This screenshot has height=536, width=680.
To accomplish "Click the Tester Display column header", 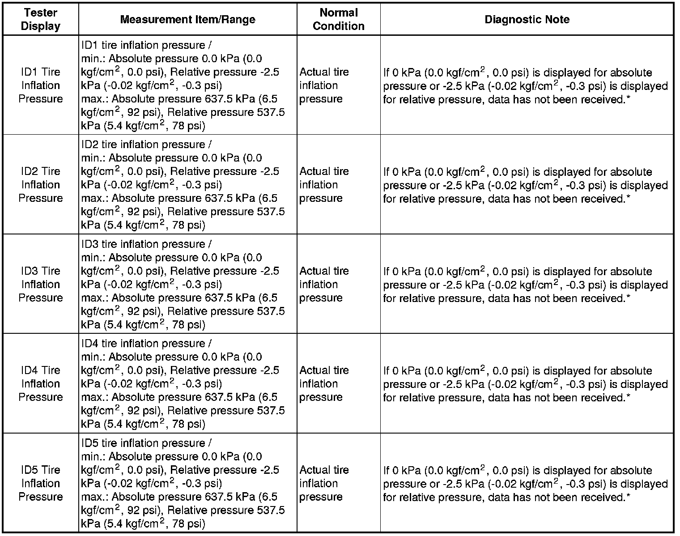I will pyautogui.click(x=40, y=19).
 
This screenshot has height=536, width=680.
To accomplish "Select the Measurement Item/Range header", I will pyautogui.click(x=187, y=19).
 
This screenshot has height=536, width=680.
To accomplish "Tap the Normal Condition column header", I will pyautogui.click(x=339, y=19).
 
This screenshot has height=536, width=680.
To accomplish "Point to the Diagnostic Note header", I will pyautogui.click(x=527, y=19).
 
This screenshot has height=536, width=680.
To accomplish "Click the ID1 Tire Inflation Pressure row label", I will pyautogui.click(x=40, y=85).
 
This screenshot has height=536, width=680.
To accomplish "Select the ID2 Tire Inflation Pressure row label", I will pyautogui.click(x=40, y=185).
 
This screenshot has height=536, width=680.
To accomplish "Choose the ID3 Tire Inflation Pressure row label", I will pyautogui.click(x=40, y=284).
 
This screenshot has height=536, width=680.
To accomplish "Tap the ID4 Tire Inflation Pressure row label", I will pyautogui.click(x=40, y=383).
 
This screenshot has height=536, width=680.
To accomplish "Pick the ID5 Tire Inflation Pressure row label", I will pyautogui.click(x=40, y=483).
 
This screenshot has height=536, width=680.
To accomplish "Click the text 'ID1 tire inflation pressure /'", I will pyautogui.click(x=146, y=46).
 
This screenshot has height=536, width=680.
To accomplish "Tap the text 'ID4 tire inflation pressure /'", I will pyautogui.click(x=146, y=344).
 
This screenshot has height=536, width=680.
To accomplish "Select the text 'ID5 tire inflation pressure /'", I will pyautogui.click(x=146, y=443).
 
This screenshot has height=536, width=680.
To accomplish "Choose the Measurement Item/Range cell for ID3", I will pyautogui.click(x=187, y=284).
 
